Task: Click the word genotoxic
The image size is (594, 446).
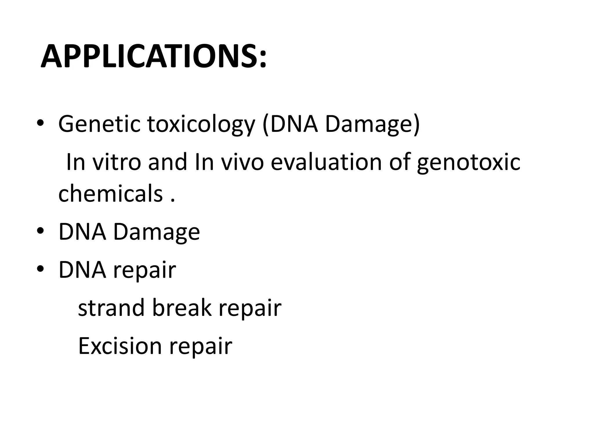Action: tap(468, 163)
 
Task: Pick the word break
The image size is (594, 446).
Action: tap(182, 307)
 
